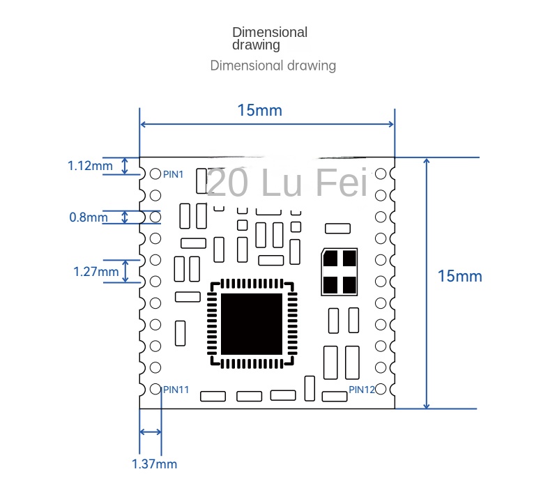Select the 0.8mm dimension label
(x=89, y=217)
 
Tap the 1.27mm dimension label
(x=96, y=271)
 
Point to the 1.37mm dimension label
(x=154, y=463)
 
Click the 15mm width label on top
(x=259, y=110)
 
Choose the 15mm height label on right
(x=459, y=276)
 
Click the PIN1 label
(x=173, y=175)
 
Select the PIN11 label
(x=176, y=390)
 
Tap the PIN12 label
(x=362, y=390)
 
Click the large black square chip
(x=252, y=323)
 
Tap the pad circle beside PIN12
(x=381, y=389)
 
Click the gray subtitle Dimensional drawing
(x=273, y=66)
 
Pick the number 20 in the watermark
(x=224, y=183)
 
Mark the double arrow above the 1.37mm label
(x=151, y=432)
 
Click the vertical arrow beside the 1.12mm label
(x=125, y=166)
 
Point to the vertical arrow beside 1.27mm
(x=126, y=271)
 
